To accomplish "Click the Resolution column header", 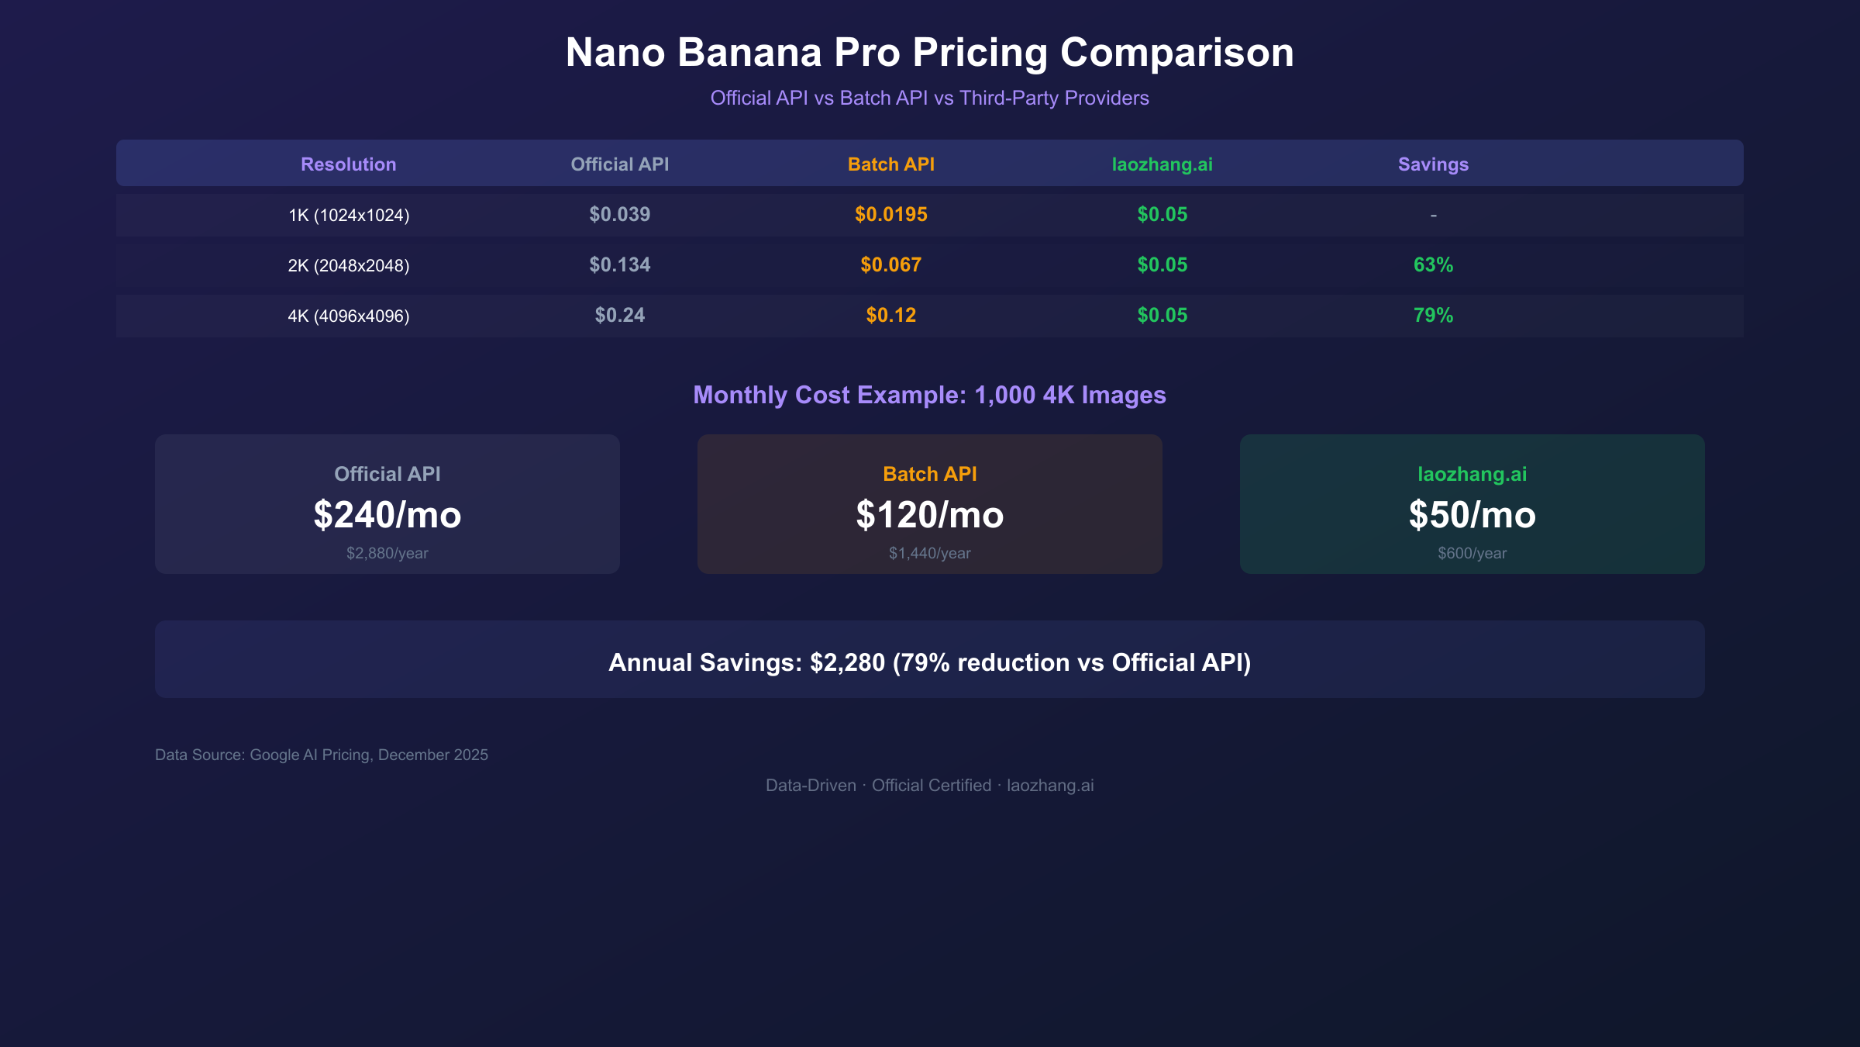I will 348,164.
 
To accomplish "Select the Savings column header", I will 1433,164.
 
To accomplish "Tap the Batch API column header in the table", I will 890,164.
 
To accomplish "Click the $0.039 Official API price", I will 619,215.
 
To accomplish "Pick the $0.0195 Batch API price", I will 890,215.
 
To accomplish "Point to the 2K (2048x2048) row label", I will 348,265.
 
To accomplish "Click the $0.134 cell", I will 619,265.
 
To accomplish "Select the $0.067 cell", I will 890,265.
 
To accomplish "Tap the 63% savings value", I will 1433,265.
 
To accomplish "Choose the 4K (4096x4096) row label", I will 348,316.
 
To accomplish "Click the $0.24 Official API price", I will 619,316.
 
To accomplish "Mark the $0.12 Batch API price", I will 890,316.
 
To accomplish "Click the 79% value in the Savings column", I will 1433,316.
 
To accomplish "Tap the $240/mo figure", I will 387,515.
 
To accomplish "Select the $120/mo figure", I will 929,515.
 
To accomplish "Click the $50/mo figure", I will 1472,515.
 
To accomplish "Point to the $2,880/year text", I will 387,553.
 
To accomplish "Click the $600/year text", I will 1472,553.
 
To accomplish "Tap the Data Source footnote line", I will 322,755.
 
